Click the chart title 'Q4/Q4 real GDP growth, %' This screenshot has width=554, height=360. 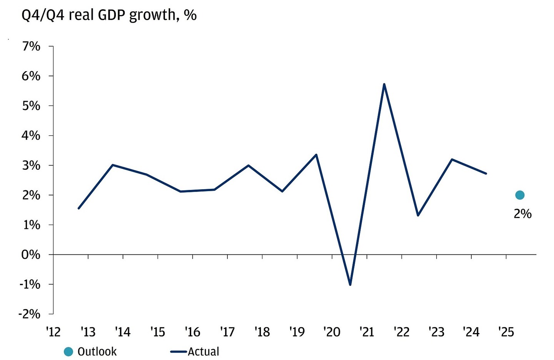109,15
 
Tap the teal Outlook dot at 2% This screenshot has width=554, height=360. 519,195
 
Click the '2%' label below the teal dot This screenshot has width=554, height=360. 522,213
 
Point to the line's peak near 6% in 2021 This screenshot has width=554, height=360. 384,84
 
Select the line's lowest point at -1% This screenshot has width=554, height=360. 350,285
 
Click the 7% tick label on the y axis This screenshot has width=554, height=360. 31,47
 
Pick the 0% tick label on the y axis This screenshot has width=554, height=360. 31,255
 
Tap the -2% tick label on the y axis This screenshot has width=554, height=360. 29,314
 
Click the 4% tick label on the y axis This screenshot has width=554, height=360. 31,135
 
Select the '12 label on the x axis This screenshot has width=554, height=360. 53,332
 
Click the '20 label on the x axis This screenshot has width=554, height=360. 332,332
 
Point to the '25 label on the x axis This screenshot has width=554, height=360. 506,332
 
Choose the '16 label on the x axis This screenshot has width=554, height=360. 192,332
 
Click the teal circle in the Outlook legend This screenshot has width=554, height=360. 68,352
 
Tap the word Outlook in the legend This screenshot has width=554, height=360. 97,352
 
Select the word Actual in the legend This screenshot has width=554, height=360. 203,352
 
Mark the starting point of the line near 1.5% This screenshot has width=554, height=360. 78,208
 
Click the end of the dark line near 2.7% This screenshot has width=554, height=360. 486,173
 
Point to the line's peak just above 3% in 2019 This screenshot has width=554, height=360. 316,155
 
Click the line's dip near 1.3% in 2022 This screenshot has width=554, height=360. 418,215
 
